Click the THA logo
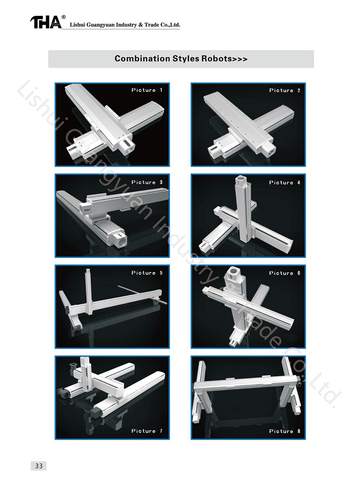click(46, 22)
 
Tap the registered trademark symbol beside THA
click(64, 17)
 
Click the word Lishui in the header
click(77, 25)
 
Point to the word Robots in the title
click(216, 58)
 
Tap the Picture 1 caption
click(147, 90)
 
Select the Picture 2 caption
click(285, 90)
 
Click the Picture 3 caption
click(147, 182)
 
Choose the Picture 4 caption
click(285, 182)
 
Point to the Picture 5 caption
click(147, 273)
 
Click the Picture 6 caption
click(285, 273)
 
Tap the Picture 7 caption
click(147, 431)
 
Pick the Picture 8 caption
click(285, 431)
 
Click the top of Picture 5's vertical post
click(88, 271)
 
